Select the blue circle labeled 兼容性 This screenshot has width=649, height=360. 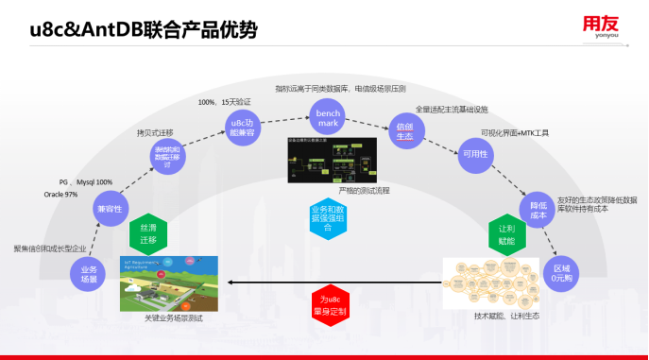(110, 207)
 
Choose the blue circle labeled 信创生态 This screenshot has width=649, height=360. (405, 131)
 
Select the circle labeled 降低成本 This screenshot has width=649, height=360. (536, 209)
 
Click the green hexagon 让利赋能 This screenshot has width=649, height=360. (506, 233)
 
